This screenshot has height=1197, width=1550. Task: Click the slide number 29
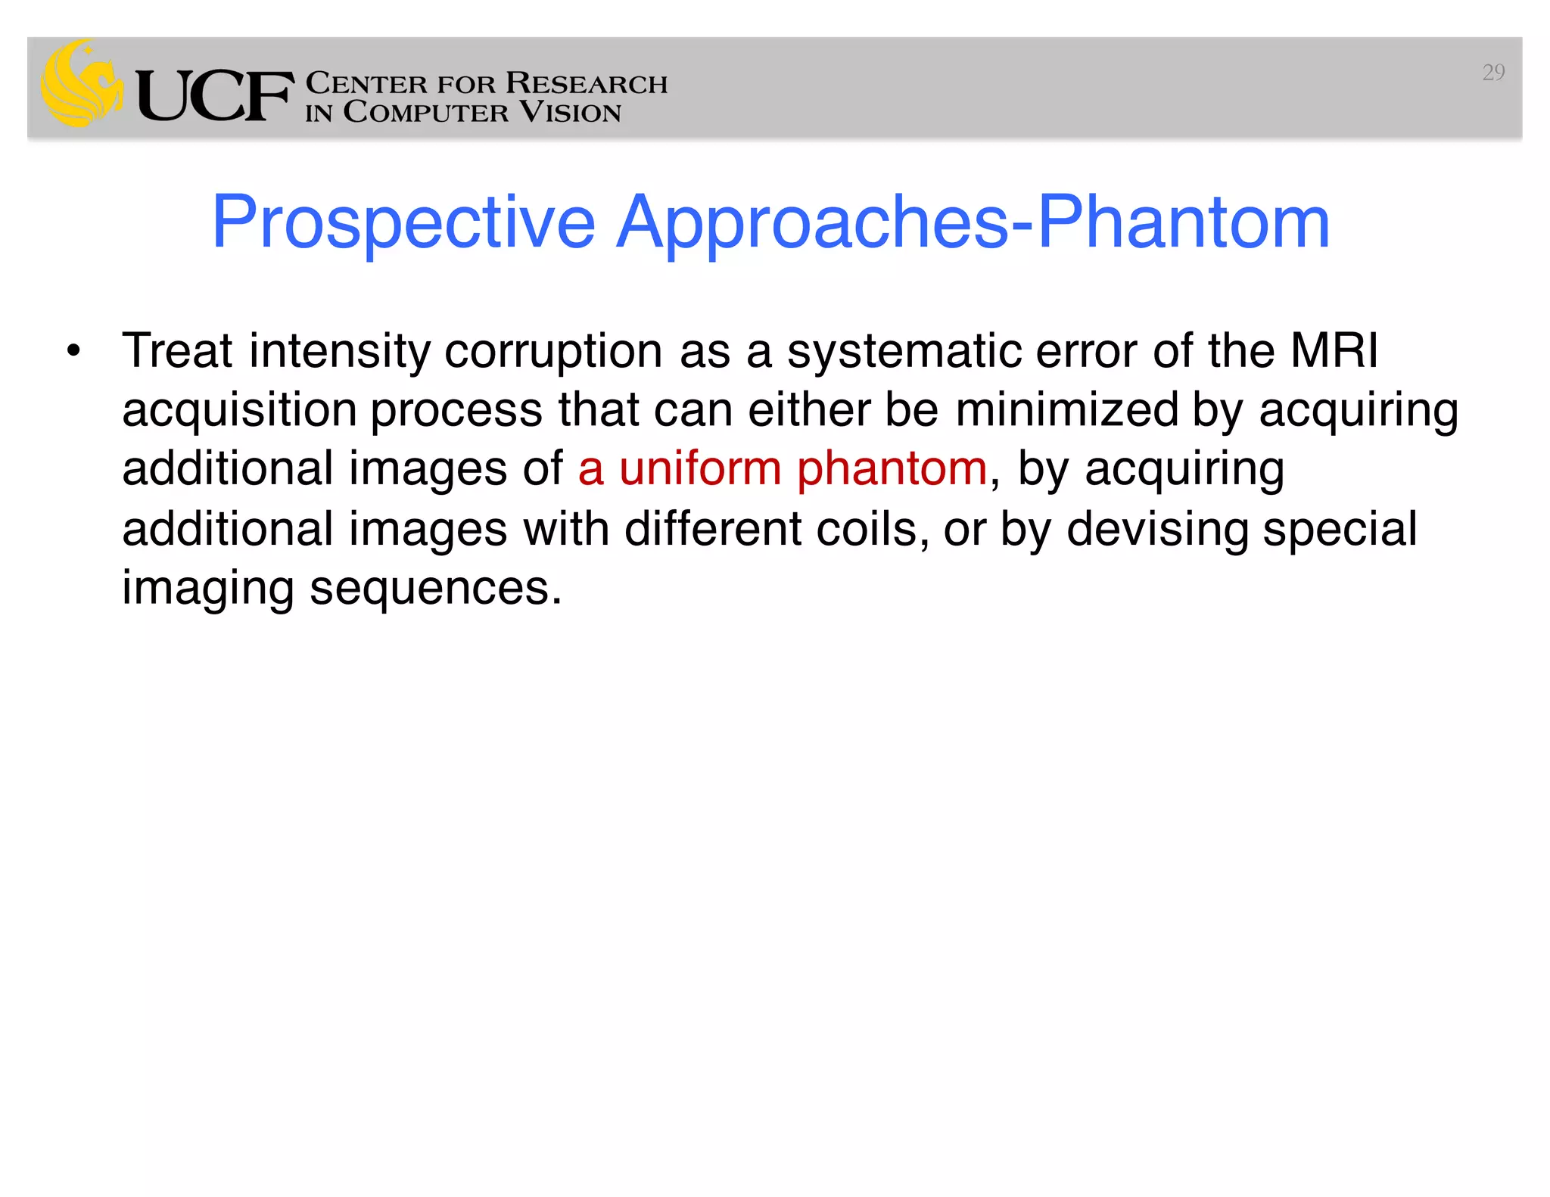tap(1492, 73)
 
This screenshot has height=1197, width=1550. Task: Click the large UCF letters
tap(215, 96)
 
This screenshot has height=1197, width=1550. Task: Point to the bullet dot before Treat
tap(73, 351)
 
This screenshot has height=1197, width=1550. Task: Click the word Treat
tap(177, 351)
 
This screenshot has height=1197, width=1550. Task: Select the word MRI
tap(1334, 351)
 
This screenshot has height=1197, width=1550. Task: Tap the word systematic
tap(904, 353)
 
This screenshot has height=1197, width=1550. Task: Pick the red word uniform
tap(700, 468)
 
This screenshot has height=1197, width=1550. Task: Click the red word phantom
tap(892, 470)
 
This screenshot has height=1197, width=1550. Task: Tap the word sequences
tap(435, 589)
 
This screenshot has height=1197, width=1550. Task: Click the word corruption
tap(552, 353)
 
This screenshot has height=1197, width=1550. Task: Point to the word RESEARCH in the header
tap(587, 83)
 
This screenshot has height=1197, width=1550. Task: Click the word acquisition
tap(238, 411)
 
